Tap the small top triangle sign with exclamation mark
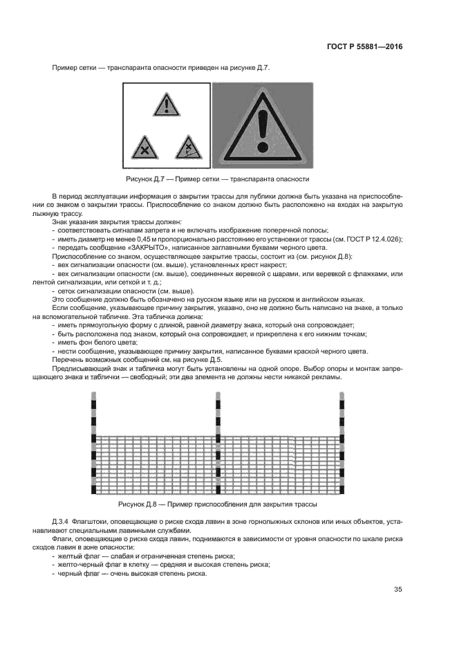click(x=165, y=105)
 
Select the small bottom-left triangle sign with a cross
click(x=142, y=147)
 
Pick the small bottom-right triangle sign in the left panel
click(x=187, y=147)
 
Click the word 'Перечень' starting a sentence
click(x=68, y=360)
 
